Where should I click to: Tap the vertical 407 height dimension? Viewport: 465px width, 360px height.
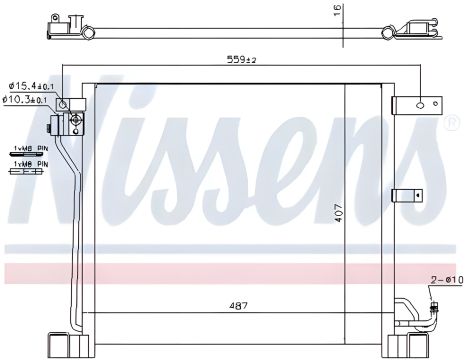(339, 213)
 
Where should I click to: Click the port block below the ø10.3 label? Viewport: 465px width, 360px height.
(73, 124)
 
